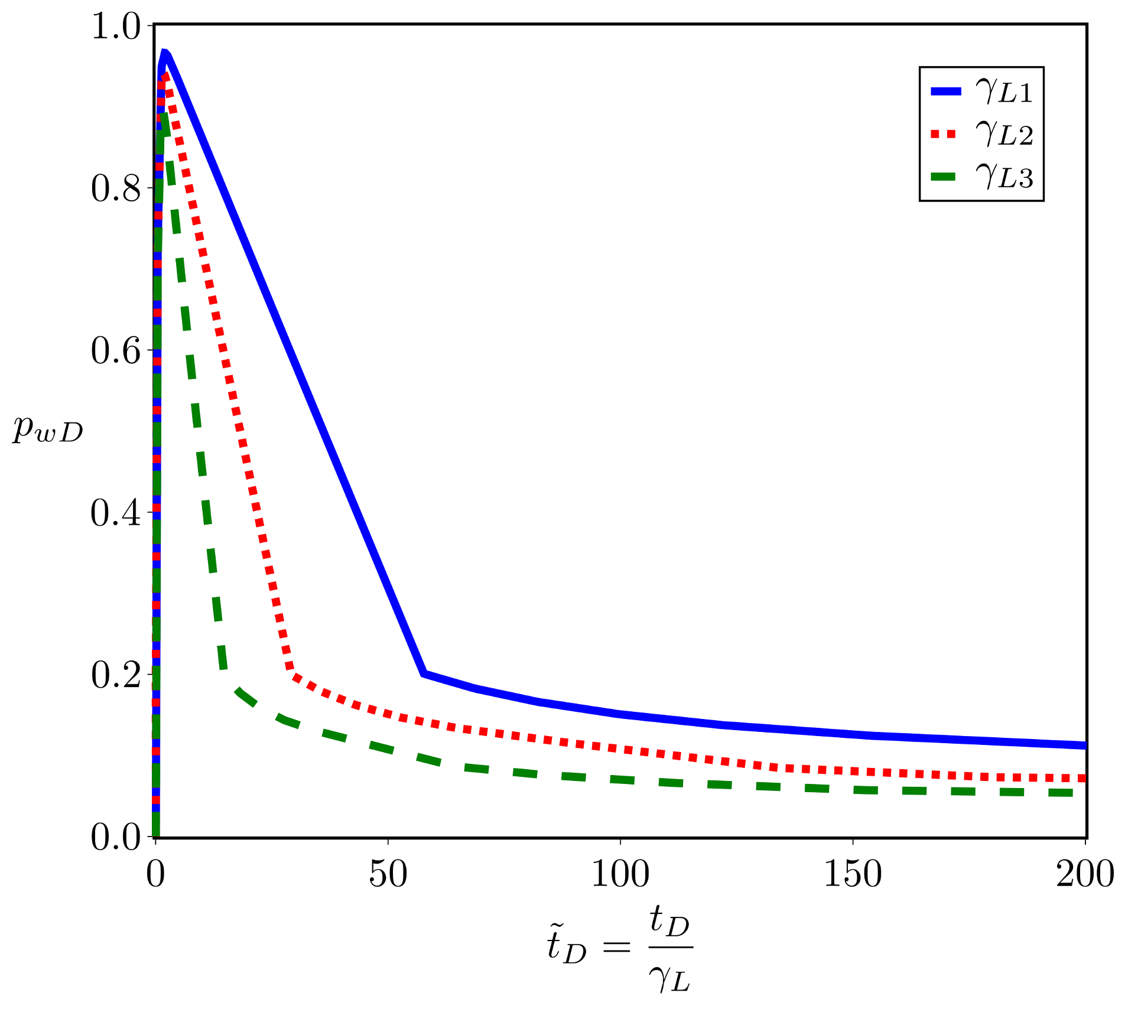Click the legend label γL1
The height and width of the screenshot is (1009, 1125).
[x=1004, y=92]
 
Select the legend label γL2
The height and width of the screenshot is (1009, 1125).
[x=1004, y=135]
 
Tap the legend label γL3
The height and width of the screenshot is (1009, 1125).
[x=1004, y=177]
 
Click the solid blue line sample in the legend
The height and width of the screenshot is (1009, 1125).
[x=946, y=91]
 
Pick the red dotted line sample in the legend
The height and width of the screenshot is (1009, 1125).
[x=946, y=134]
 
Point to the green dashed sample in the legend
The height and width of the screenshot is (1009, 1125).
[x=946, y=177]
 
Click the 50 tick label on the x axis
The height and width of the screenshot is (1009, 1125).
[x=388, y=874]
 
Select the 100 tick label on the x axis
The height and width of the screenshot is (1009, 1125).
[x=620, y=874]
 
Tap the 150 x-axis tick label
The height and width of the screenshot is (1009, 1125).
[x=853, y=874]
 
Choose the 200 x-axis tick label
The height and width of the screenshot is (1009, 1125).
[x=1085, y=874]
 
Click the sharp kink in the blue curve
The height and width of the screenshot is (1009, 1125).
[x=423, y=673]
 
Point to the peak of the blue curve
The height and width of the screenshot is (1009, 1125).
[x=164, y=53]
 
